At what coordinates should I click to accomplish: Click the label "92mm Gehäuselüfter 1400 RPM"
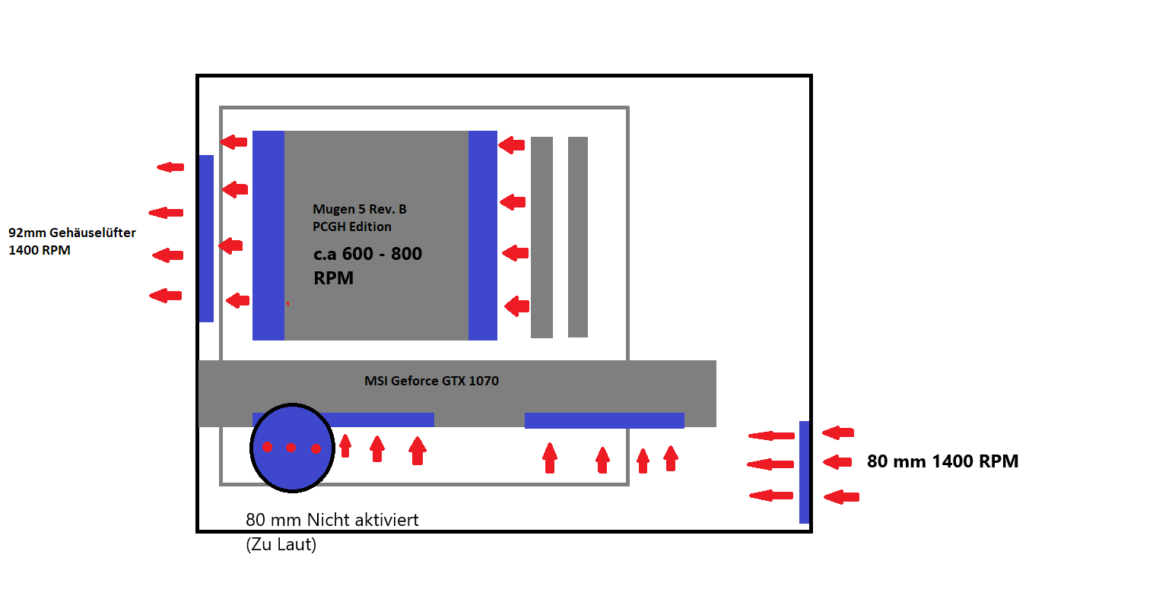pos(71,241)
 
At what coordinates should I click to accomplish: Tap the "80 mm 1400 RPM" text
pos(942,461)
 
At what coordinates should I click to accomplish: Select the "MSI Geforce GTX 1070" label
pos(431,381)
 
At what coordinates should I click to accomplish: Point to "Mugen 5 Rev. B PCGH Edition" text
pos(359,217)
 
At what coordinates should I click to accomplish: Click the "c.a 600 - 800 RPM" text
pos(367,266)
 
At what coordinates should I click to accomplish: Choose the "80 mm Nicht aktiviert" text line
pos(332,520)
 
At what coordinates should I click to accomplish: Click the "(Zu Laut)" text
pos(281,545)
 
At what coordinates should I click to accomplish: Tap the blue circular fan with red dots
pos(292,448)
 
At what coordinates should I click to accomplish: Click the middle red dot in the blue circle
pos(291,447)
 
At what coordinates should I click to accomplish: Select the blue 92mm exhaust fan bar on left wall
pos(206,239)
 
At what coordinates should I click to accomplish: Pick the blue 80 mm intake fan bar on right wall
pos(804,472)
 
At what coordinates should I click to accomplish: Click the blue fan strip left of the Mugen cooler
pos(268,236)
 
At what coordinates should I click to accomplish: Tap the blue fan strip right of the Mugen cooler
pos(483,236)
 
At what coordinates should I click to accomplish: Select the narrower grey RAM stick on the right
pos(577,237)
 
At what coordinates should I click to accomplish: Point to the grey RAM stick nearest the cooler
pos(541,237)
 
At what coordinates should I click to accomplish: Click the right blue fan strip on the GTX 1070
pos(605,420)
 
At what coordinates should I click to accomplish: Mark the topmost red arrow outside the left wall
pos(170,167)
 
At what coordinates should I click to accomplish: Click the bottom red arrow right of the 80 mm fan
pos(841,496)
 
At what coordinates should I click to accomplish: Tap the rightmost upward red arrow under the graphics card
pos(671,458)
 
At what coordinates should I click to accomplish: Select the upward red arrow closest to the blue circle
pos(345,445)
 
